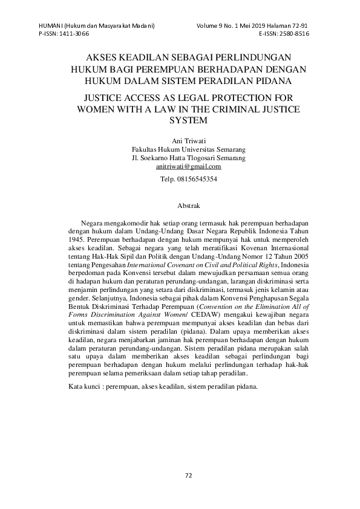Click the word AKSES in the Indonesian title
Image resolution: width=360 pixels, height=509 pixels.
point(103,57)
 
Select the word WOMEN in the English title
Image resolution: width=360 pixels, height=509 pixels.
point(91,109)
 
